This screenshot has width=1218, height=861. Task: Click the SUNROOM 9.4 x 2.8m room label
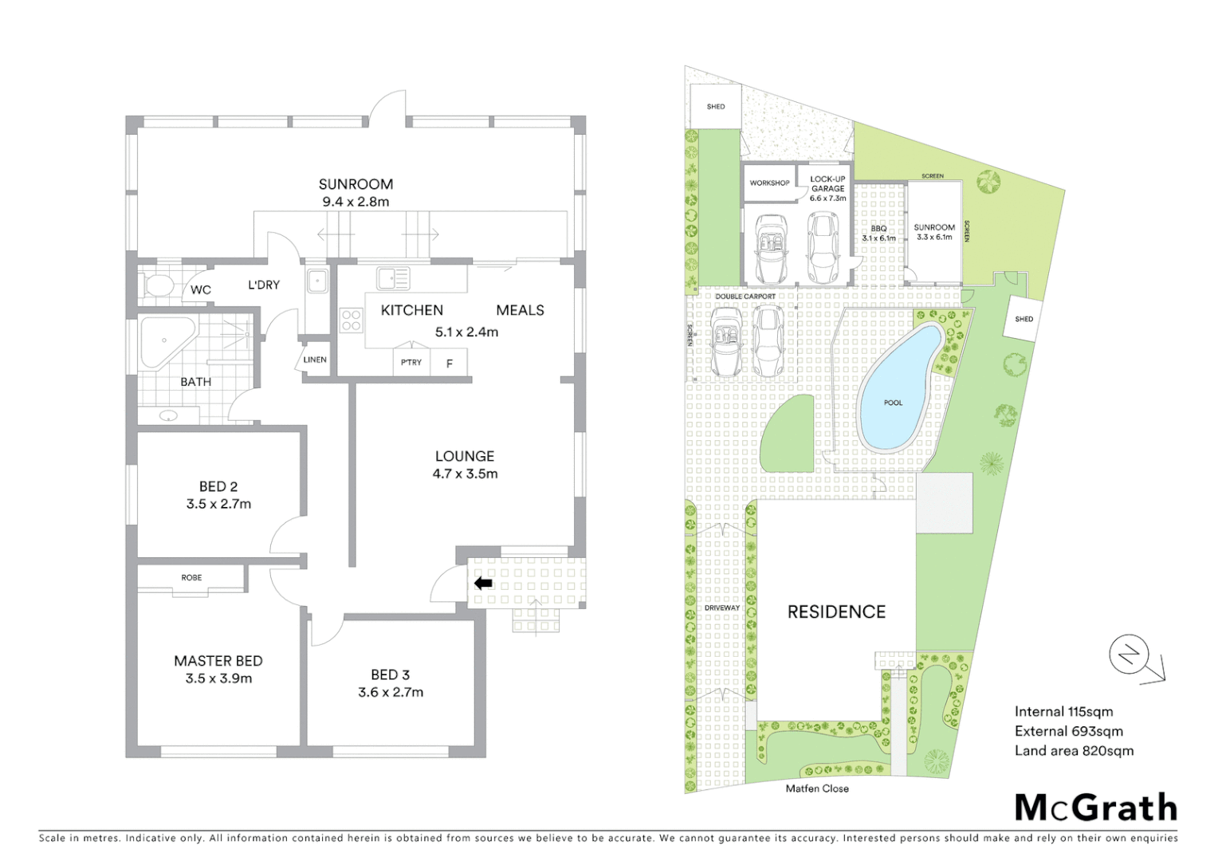tap(356, 193)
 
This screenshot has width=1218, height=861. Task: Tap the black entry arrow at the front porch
tap(483, 584)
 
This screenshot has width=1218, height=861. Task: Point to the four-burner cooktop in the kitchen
tap(352, 320)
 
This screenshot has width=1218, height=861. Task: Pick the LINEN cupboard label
tap(315, 360)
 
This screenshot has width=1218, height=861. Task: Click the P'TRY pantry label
tap(411, 363)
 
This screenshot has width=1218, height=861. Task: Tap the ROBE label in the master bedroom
tap(191, 577)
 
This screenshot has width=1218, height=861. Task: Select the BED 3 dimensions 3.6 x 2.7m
tap(391, 692)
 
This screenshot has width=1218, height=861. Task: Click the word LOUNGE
tap(465, 456)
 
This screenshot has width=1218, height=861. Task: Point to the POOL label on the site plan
tap(894, 403)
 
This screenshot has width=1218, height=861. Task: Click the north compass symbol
tap(1130, 656)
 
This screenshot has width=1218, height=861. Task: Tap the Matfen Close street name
tap(817, 788)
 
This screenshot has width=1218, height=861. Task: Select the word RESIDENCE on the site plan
tap(836, 611)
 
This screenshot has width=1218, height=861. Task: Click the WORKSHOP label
tap(769, 183)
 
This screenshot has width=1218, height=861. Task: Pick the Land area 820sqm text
tap(1074, 750)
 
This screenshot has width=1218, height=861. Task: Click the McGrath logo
tap(1096, 808)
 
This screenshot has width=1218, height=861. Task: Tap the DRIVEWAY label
tap(721, 607)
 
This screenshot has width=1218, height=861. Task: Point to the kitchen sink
tap(393, 278)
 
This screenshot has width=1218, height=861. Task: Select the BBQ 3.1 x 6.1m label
tap(878, 234)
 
